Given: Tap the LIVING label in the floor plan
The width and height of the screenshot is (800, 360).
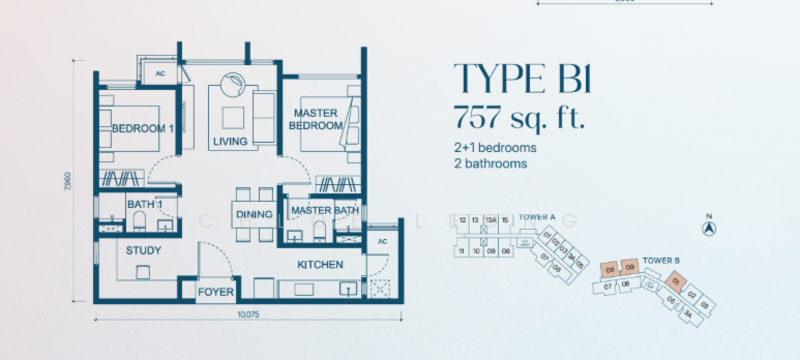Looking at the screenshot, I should click(x=231, y=142).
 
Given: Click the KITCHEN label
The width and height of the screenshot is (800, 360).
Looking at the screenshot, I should click(x=320, y=265).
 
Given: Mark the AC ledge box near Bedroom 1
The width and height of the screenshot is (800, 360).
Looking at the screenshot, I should click(x=159, y=73).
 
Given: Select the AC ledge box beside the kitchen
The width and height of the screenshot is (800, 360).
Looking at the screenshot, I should click(x=381, y=241).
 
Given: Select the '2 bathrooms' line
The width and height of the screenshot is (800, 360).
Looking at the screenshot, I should click(x=490, y=163).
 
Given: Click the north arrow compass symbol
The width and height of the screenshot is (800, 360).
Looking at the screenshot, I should click(x=709, y=227).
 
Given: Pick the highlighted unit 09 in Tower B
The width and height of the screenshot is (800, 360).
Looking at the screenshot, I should click(x=629, y=268).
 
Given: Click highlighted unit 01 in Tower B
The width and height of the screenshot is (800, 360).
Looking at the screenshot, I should click(x=677, y=281).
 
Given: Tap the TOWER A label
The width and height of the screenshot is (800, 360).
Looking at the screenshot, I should click(x=537, y=217).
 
